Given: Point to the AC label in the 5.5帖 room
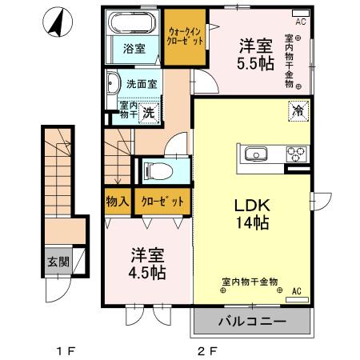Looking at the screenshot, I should click(301, 22).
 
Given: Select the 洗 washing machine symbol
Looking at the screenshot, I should click(148, 114).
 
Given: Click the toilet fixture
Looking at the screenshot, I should click(154, 170).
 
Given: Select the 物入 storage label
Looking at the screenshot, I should click(117, 202).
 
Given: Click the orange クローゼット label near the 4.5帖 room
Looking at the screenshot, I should click(164, 202).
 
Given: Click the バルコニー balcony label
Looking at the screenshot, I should click(250, 322).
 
